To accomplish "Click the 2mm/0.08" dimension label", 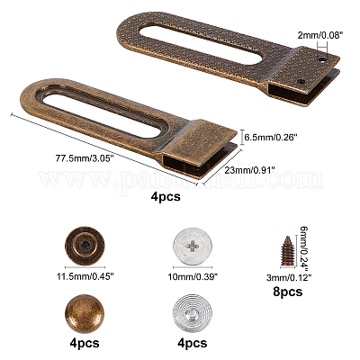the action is click(x=320, y=35).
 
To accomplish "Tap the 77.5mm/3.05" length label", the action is click(x=84, y=157).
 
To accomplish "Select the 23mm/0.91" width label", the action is click(x=250, y=170).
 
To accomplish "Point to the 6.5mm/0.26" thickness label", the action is click(x=270, y=138).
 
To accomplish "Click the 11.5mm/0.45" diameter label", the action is click(x=85, y=275).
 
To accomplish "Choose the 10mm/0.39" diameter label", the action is click(x=193, y=276).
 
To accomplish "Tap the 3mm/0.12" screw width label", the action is click(x=287, y=278).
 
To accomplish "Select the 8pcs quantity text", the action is click(x=288, y=292).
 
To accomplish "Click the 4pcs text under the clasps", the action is click(x=166, y=197).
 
